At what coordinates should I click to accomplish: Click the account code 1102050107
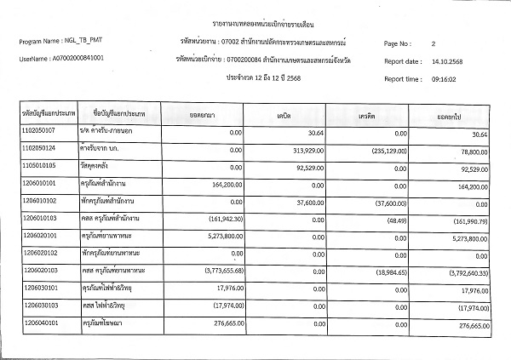39,131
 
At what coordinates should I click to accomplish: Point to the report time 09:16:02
448,78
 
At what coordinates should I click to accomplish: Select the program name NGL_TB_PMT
85,42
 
